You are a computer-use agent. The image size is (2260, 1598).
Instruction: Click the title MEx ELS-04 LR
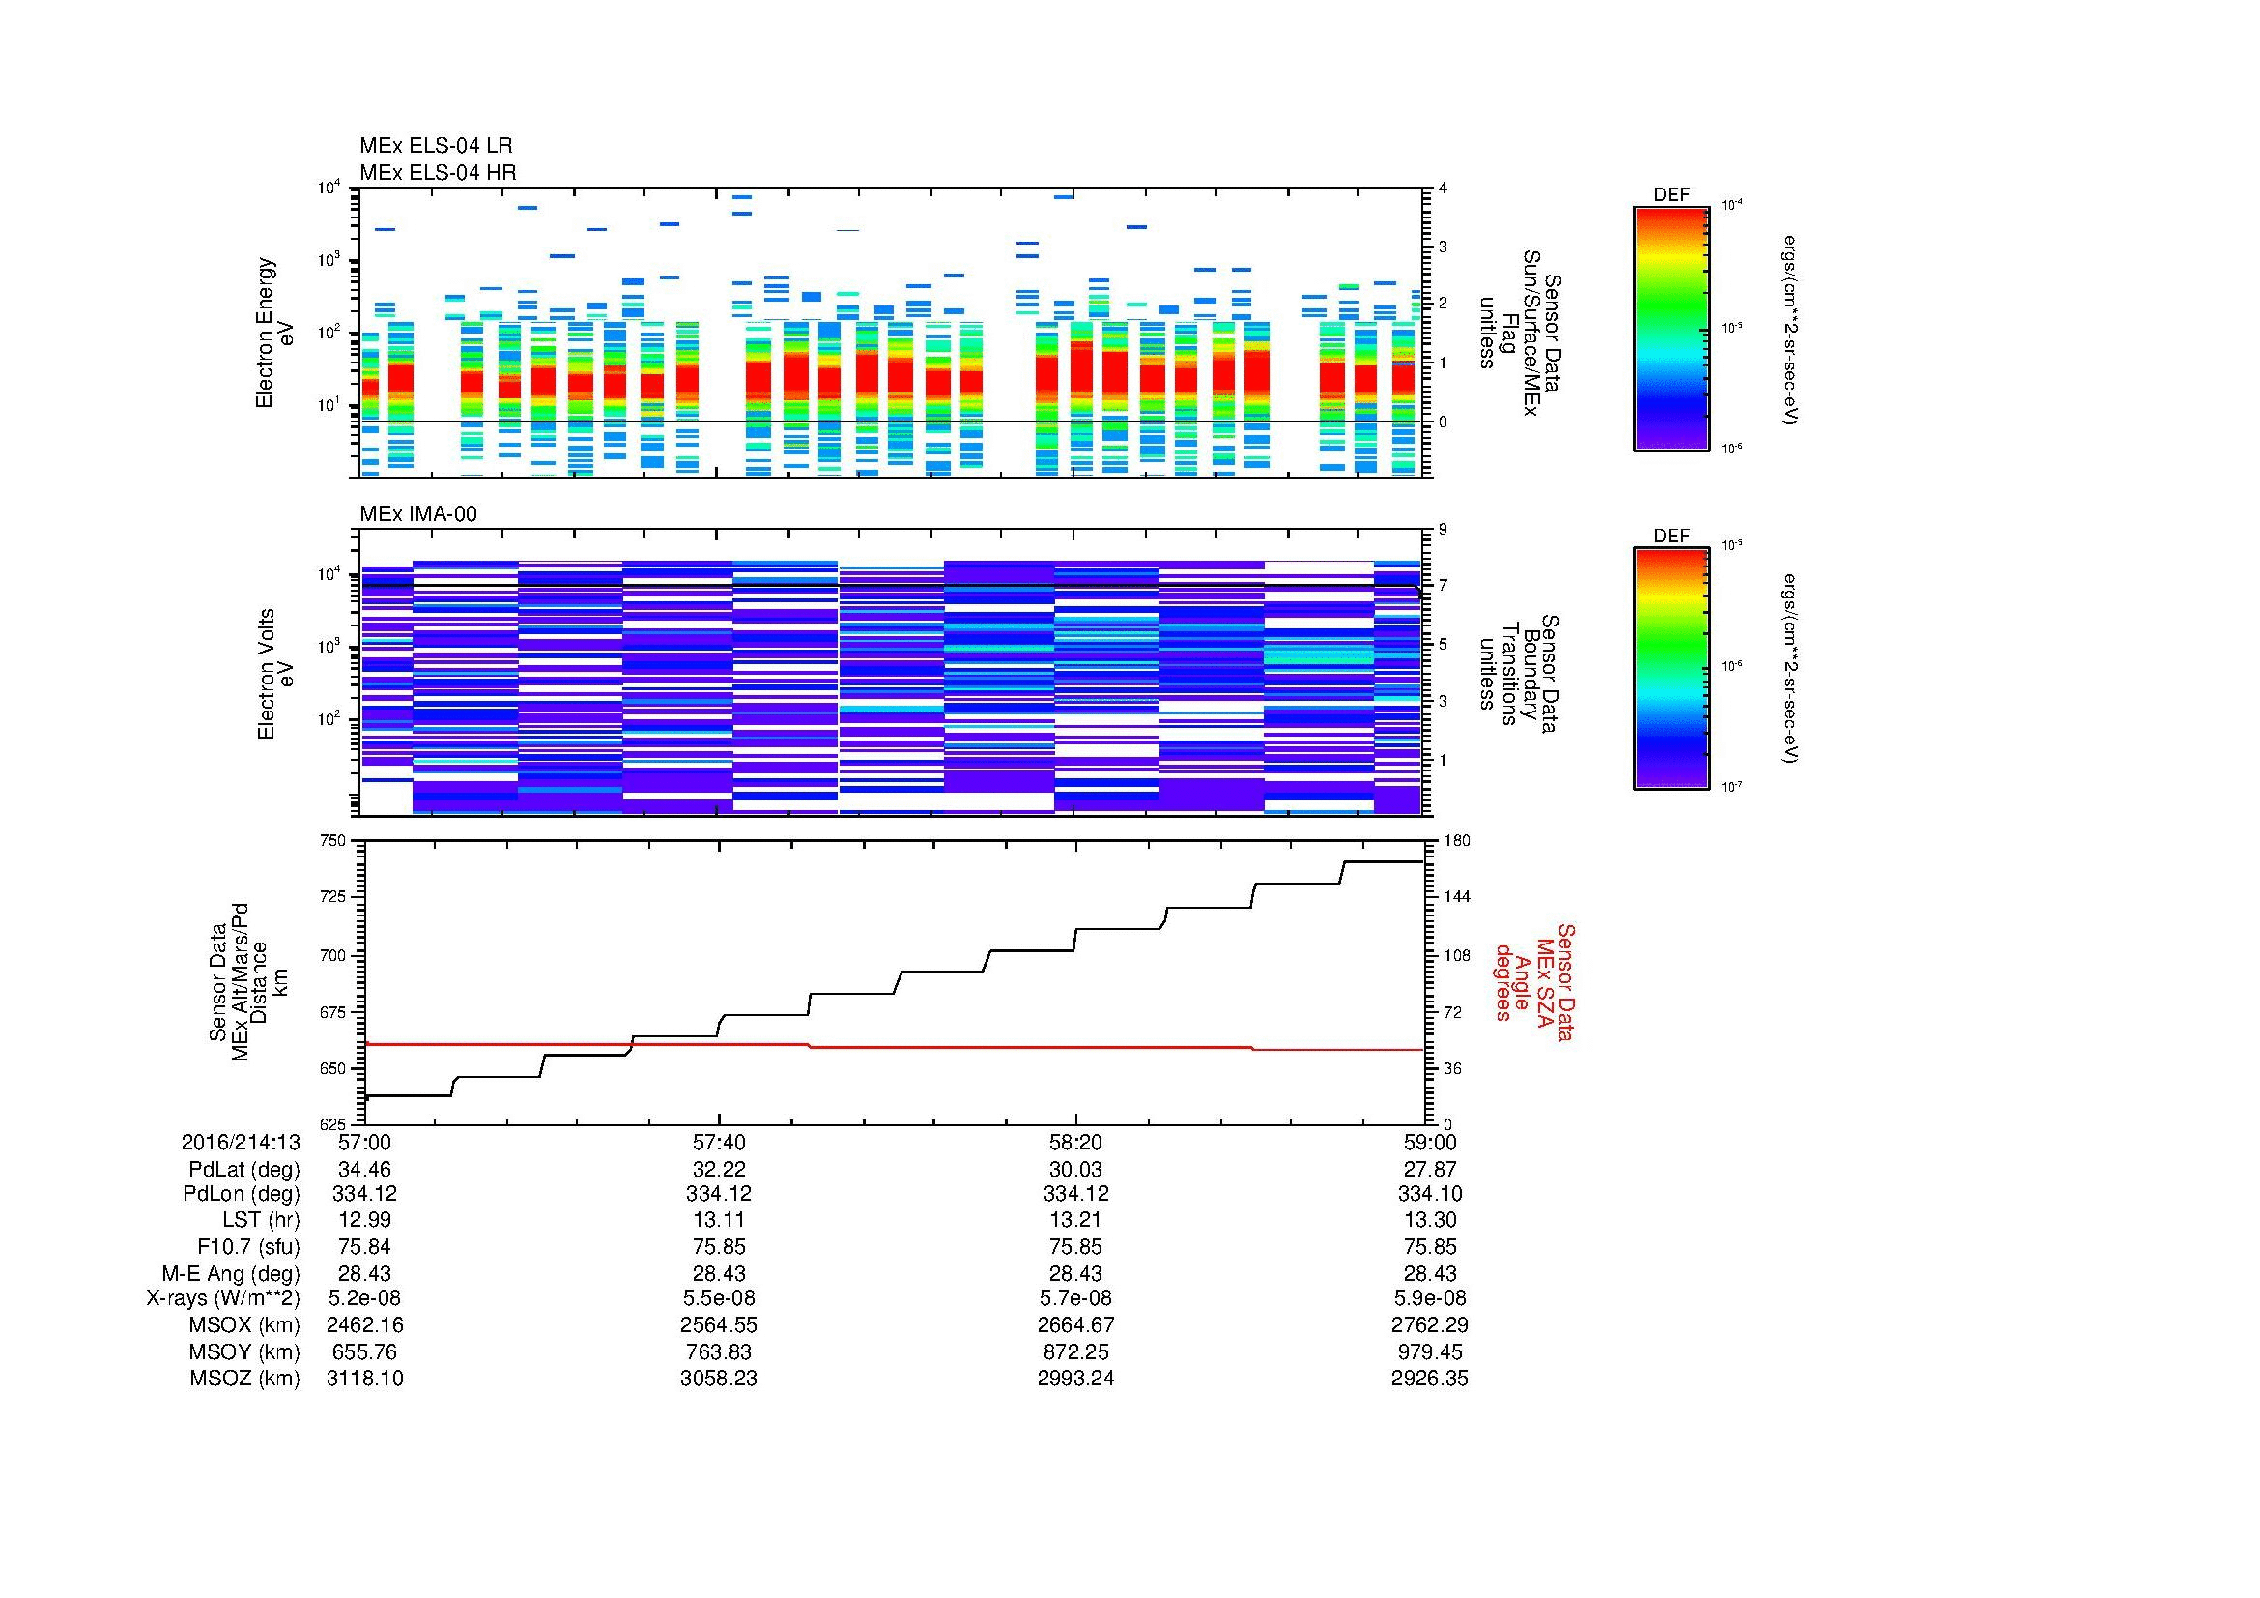point(435,146)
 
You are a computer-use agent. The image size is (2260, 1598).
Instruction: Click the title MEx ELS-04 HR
point(437,172)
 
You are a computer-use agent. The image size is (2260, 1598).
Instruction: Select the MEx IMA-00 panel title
point(417,514)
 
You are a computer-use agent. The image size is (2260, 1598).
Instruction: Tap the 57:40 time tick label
point(719,1142)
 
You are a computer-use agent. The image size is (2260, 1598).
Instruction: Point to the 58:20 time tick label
point(1075,1142)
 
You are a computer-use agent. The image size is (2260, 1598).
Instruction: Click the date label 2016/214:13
point(241,1142)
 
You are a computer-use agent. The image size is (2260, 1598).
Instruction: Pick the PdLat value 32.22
point(719,1169)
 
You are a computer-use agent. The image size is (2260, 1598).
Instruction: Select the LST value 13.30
point(1429,1220)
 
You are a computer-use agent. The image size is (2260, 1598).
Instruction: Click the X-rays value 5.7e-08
point(1075,1298)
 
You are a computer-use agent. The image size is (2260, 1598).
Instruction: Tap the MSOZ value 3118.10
point(364,1379)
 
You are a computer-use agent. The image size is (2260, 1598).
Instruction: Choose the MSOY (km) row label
point(244,1351)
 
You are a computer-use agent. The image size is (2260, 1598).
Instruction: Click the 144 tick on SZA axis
point(1457,897)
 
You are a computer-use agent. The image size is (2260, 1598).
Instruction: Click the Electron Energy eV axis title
point(274,333)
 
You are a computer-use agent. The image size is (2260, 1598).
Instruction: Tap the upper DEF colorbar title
point(1672,195)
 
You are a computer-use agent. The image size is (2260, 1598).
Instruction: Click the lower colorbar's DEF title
point(1672,536)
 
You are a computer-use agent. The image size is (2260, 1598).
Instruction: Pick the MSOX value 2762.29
point(1429,1325)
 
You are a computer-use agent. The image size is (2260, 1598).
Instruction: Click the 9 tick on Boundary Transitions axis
point(1443,530)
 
